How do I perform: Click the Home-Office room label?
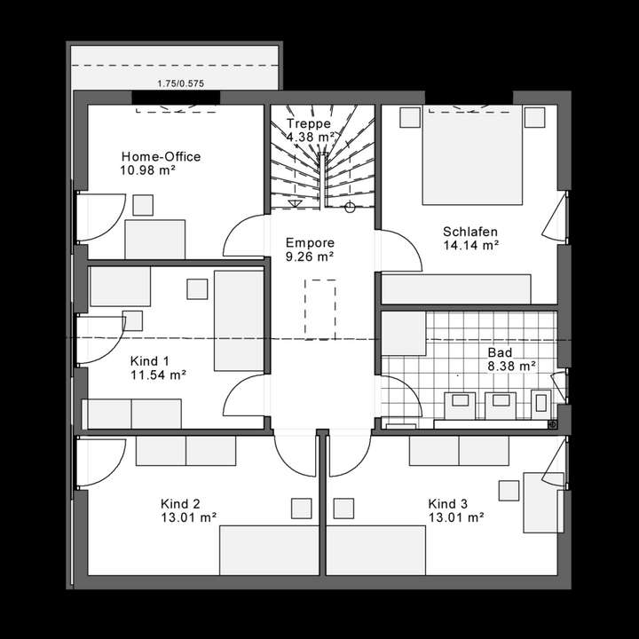161,157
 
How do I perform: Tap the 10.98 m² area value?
148,170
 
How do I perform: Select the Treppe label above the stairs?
309,124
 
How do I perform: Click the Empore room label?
309,242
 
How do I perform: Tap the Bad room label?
500,352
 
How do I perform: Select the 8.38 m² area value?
510,365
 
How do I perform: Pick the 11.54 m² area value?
158,375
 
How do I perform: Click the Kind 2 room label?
180,502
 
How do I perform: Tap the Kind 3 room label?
446,502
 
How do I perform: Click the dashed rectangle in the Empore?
319,309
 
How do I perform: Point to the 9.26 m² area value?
309,256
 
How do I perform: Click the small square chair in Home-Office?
142,205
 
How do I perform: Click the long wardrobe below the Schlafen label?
456,288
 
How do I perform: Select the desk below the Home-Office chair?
155,239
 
